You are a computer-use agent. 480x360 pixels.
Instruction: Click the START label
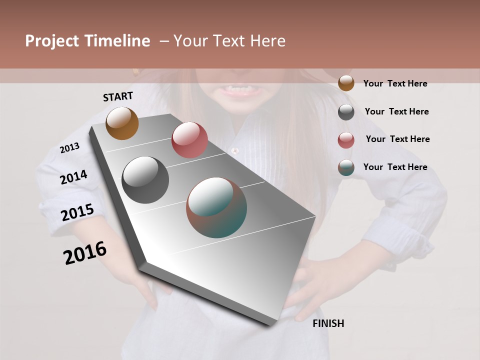[118, 96]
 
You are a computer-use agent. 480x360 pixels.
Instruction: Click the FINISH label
[328, 323]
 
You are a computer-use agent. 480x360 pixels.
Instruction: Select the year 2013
[69, 148]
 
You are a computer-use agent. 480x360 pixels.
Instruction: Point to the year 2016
[85, 252]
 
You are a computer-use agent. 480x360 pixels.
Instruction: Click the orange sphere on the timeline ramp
[122, 123]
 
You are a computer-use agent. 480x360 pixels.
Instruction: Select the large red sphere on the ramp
[189, 140]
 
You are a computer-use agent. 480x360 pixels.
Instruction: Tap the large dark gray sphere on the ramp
[145, 179]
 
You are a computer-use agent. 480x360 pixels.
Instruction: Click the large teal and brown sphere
[216, 207]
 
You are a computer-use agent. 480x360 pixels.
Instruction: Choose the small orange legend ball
[346, 83]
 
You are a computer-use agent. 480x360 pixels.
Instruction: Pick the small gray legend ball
[346, 112]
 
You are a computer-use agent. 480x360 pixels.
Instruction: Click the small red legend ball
[346, 140]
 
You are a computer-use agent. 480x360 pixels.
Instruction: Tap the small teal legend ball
[346, 167]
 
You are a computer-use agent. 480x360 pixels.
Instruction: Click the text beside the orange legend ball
[395, 83]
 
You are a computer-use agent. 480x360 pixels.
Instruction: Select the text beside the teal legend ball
[395, 167]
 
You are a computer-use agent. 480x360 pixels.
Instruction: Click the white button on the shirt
[235, 150]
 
